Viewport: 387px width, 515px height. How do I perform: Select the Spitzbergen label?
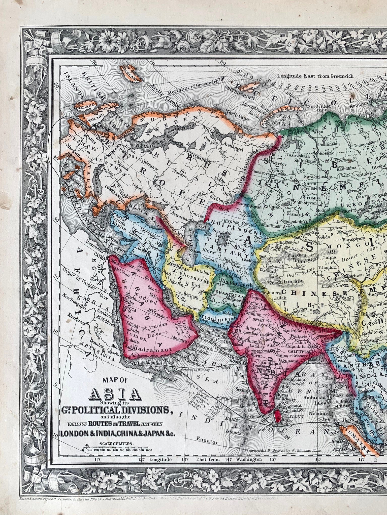[238, 96]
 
